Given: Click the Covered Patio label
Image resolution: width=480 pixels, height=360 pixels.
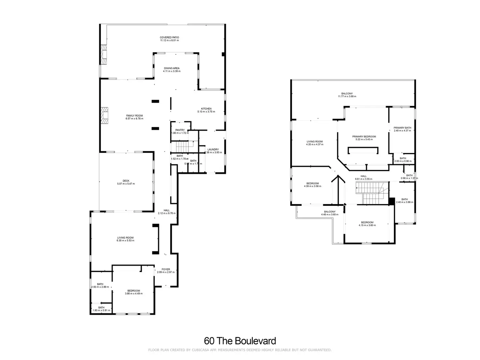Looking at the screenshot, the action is (x=169, y=37).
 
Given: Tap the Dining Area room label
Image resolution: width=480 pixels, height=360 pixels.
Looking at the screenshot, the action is (x=172, y=68).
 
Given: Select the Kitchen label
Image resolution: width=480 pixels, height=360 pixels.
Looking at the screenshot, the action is (x=206, y=109).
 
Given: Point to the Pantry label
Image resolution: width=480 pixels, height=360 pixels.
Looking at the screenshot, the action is (x=180, y=130).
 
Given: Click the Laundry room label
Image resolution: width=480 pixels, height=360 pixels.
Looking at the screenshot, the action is (x=213, y=150).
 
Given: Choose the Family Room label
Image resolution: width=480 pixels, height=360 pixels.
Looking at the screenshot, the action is (x=134, y=116).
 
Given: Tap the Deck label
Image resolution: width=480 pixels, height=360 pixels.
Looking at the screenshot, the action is (x=126, y=181).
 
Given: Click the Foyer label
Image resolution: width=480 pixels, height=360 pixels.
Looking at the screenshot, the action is (x=166, y=269).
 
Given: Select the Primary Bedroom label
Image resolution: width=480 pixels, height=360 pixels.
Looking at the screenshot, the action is (x=364, y=137).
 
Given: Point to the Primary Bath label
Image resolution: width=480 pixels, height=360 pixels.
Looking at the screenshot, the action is (x=402, y=128).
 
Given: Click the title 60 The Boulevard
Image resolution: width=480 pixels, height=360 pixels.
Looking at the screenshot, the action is (x=240, y=341).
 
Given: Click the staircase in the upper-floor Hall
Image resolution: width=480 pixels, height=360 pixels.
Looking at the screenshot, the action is (x=372, y=193).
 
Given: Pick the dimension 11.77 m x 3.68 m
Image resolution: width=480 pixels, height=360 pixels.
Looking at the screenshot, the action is (x=347, y=97).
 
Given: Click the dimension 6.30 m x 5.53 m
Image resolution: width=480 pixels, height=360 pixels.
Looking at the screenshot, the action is (x=126, y=241).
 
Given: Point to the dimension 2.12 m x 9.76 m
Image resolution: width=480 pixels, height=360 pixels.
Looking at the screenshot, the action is (x=167, y=213).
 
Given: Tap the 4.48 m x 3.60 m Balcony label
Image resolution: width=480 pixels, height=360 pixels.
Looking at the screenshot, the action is (x=328, y=212).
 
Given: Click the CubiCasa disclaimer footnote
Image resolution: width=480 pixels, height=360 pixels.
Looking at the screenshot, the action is (x=240, y=350).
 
